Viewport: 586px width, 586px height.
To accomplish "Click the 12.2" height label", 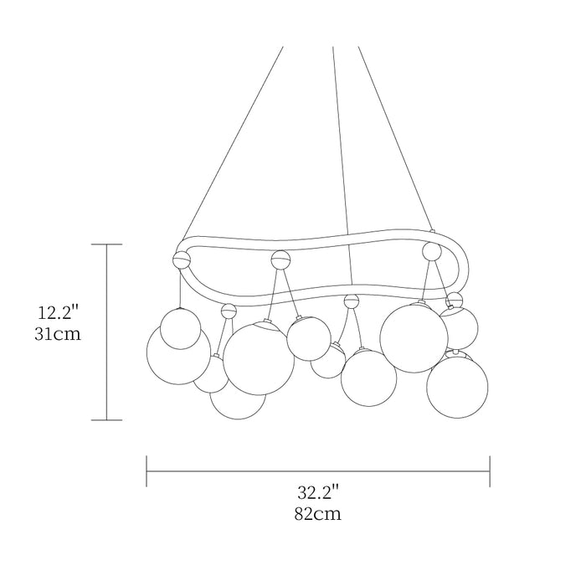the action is [59, 312].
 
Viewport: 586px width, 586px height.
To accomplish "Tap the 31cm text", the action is [58, 334].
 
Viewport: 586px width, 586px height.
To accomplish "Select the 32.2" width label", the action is [318, 492].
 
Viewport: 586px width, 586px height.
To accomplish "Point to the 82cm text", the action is [317, 514].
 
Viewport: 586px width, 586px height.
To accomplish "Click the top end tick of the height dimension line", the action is [107, 244].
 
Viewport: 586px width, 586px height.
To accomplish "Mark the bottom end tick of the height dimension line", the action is [107, 419].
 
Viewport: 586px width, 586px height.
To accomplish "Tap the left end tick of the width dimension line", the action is [146, 470].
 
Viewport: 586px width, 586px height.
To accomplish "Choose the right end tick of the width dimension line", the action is [490, 470].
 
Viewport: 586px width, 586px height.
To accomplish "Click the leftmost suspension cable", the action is [233, 143].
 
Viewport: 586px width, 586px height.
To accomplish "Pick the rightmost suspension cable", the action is [395, 138].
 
